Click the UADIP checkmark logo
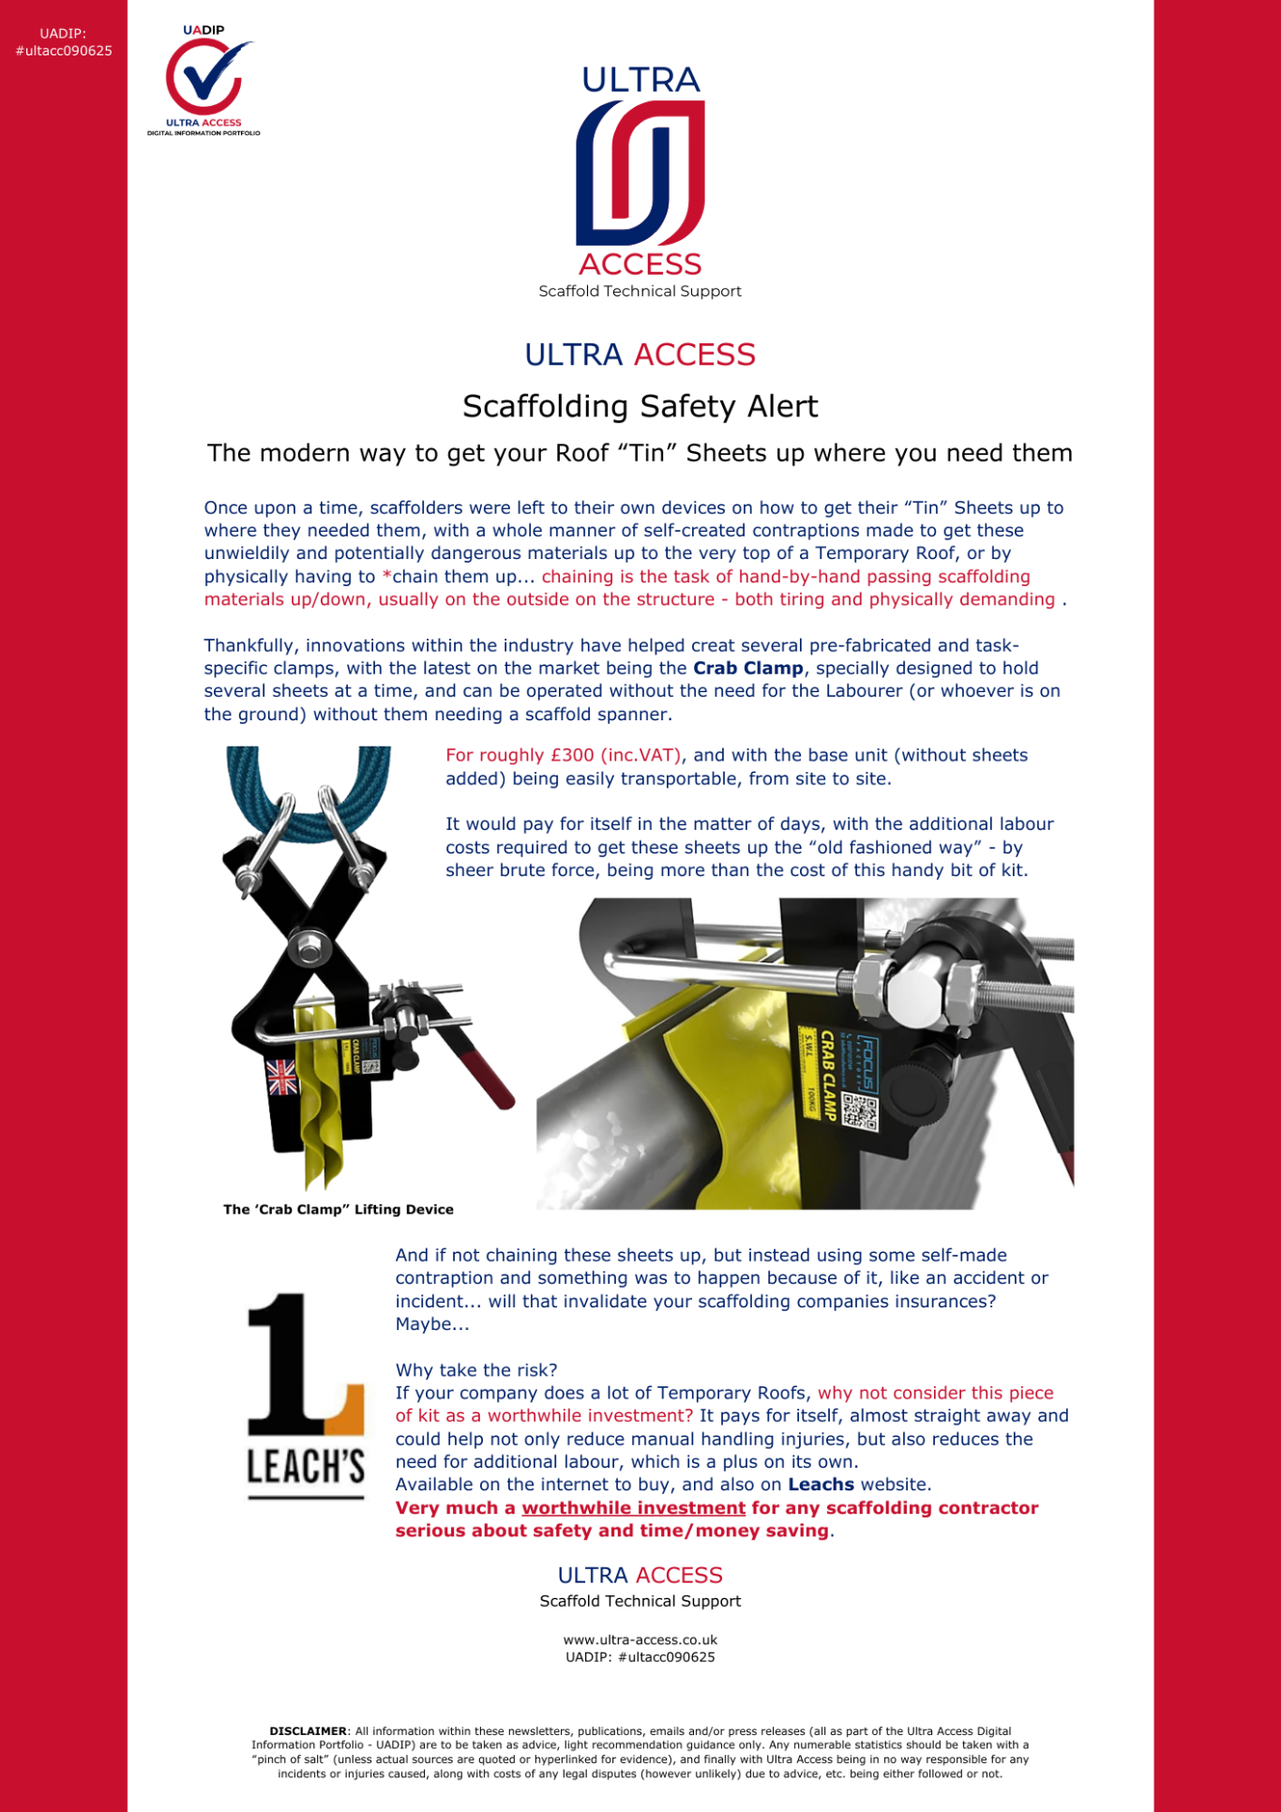coord(203,79)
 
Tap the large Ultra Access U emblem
coord(640,173)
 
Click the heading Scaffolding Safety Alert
coord(640,406)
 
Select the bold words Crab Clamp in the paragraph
coord(747,668)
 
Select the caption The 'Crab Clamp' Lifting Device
coord(339,1210)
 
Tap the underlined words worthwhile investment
coord(633,1508)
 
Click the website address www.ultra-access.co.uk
coord(640,1640)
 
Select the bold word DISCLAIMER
coord(308,1731)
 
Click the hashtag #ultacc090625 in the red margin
coord(64,51)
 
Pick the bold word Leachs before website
coord(821,1485)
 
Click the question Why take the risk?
coord(476,1370)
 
